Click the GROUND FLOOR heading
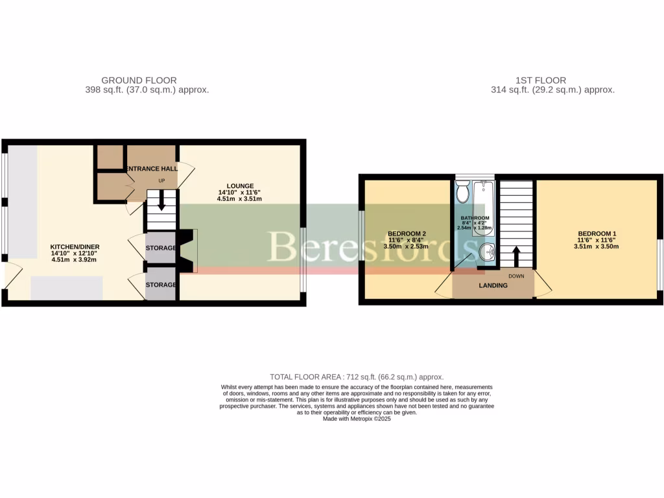coord(139,80)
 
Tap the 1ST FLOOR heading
coord(532,80)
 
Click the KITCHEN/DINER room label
coord(75,247)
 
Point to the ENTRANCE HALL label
coord(151,169)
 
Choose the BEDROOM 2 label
coord(407,233)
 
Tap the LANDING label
coord(493,285)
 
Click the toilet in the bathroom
coord(462,191)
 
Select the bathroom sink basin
coord(488,253)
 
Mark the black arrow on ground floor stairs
coord(161,206)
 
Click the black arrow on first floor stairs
coord(516,255)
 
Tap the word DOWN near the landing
coord(517,276)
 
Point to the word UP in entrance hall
coord(161,180)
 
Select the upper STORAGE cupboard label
coord(160,248)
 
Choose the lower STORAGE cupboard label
coord(160,285)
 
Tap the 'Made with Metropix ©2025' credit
coord(357,419)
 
